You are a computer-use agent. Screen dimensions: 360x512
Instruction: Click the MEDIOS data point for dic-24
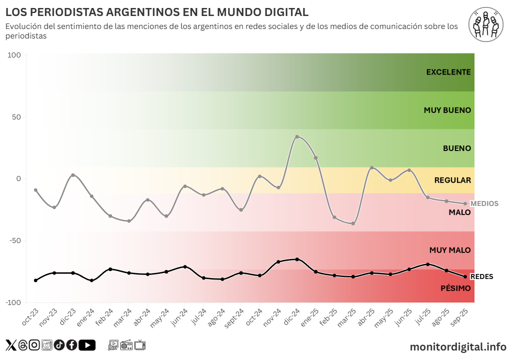pos(297,136)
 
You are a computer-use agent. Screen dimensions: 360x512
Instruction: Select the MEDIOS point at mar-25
pos(353,223)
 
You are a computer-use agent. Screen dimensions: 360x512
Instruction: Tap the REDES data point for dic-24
pos(297,259)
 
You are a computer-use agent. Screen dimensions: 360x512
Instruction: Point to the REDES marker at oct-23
pos(35,280)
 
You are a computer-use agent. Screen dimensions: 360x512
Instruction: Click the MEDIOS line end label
pos(484,203)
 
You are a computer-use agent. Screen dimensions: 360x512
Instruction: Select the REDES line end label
pos(482,276)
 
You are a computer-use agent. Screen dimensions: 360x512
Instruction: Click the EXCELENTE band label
pos(448,72)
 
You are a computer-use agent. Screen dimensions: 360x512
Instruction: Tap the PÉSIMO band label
pos(455,288)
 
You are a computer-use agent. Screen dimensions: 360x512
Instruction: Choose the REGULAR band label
pos(452,180)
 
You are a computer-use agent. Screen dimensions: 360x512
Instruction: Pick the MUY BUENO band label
pos(447,110)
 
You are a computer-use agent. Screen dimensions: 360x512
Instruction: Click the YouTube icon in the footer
pos(87,345)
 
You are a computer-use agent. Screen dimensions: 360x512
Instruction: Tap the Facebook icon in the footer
pos(71,345)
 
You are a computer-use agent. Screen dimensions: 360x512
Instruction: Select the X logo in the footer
pos(10,345)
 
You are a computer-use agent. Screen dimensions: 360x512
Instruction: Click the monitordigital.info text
pos(458,346)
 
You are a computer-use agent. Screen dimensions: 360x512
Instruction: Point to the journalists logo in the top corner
pos(486,24)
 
